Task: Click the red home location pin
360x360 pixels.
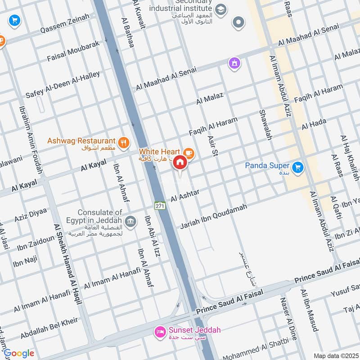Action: (x=180, y=162)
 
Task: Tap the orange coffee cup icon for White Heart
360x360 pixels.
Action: (x=189, y=153)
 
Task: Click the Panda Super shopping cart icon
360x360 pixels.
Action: (x=297, y=168)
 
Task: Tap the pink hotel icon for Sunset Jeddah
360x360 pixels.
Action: (x=159, y=333)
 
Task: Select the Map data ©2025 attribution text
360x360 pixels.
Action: (x=335, y=356)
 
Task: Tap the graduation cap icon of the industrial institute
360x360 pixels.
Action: (x=220, y=9)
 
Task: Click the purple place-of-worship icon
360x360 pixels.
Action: (x=234, y=63)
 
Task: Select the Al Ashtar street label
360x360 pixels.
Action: (x=184, y=194)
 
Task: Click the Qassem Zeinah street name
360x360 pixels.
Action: (x=63, y=23)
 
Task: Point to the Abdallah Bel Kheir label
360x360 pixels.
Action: (x=49, y=328)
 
